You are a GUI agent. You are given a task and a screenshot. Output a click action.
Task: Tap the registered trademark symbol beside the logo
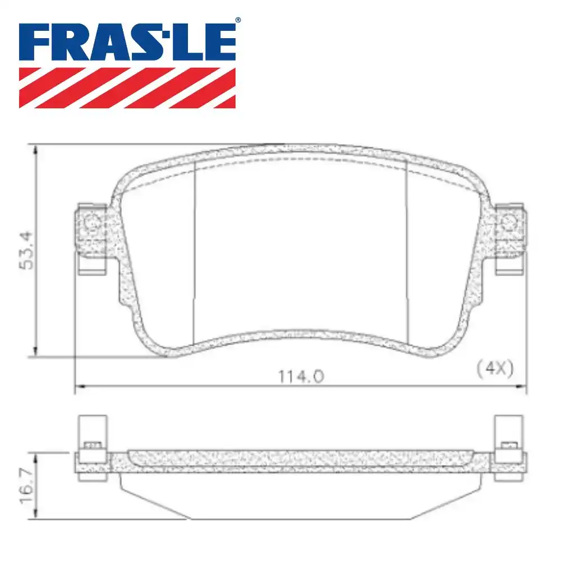tap(238, 20)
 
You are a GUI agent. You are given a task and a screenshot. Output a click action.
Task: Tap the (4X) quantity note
tap(494, 369)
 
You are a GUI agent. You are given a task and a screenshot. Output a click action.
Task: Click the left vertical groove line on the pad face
tap(194, 252)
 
